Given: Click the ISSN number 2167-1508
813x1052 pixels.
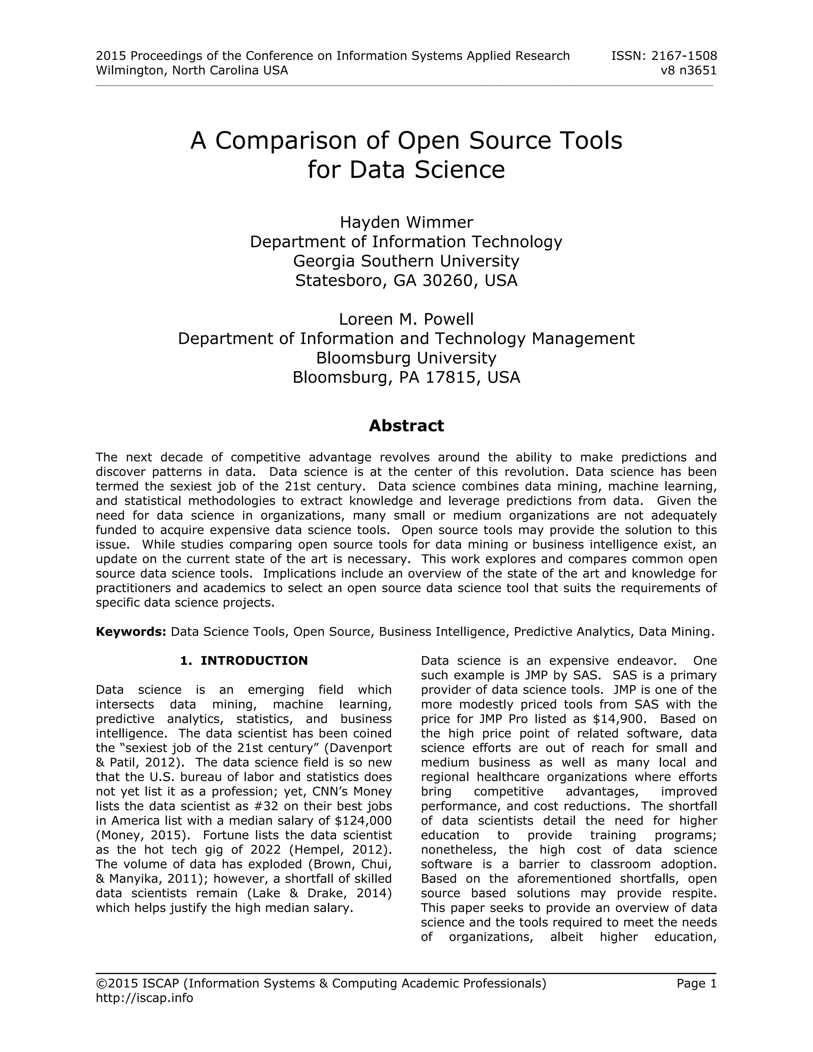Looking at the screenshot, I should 684,56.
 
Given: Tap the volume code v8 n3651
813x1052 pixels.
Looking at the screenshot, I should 689,70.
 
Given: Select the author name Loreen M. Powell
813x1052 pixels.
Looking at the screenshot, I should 406,319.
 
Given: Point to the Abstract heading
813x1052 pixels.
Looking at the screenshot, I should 406,426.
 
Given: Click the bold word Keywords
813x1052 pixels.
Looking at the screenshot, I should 131,632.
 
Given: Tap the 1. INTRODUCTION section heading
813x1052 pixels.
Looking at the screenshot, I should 244,661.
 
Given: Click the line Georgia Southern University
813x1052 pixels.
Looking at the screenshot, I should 406,261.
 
